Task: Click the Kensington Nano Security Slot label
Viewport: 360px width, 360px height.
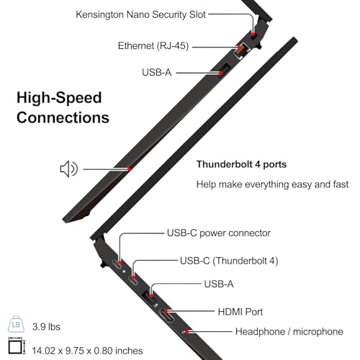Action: [140, 14]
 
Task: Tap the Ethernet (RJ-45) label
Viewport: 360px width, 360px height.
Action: [153, 45]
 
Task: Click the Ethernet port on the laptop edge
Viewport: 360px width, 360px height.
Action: [240, 50]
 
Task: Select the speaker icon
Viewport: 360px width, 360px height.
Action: [68, 168]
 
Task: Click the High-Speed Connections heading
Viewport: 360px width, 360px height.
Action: [63, 107]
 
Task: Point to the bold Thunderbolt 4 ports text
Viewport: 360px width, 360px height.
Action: [241, 164]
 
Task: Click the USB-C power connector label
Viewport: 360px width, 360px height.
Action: [219, 233]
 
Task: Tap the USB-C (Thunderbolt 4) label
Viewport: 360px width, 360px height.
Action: [229, 261]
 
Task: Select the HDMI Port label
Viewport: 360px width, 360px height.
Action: [240, 312]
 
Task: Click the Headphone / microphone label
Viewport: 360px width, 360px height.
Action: [289, 332]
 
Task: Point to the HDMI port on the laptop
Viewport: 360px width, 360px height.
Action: [166, 316]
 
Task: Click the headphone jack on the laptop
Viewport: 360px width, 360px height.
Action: [184, 332]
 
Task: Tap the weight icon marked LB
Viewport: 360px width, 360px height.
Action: [16, 324]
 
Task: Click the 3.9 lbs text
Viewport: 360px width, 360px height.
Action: [46, 327]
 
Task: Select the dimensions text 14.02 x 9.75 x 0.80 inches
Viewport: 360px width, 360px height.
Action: [87, 351]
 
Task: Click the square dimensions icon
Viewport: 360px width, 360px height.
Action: [17, 346]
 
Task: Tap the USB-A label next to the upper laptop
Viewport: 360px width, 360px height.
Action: [157, 72]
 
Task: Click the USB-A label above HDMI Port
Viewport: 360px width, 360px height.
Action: [219, 284]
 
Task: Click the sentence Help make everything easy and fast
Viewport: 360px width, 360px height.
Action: [272, 184]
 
